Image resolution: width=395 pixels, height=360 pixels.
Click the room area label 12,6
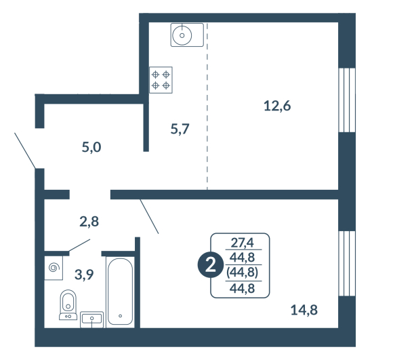[277, 106]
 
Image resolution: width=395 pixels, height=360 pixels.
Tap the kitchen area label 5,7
[180, 129]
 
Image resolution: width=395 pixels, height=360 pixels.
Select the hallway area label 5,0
[91, 147]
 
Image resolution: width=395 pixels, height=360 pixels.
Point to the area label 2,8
[89, 222]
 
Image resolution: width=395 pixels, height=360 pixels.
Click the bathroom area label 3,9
[84, 275]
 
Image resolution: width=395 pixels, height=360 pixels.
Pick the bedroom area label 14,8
[304, 310]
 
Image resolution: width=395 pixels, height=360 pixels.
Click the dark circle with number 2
[211, 266]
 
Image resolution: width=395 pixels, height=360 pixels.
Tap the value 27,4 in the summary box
[243, 243]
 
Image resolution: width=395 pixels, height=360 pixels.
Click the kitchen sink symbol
[187, 35]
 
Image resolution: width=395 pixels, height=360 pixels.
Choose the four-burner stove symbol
[161, 80]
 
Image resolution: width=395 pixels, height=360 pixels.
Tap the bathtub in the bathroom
[120, 292]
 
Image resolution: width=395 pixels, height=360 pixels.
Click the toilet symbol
[68, 305]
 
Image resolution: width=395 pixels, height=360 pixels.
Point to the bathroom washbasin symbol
[91, 320]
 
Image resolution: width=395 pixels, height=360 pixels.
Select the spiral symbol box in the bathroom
[54, 268]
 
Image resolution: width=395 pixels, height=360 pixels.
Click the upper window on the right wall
[347, 100]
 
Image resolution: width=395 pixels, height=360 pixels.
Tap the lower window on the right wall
[347, 263]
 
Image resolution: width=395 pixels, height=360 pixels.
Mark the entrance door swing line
[25, 151]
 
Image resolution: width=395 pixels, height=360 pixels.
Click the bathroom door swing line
[79, 245]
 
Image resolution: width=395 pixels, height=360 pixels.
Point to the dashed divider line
[207, 106]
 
